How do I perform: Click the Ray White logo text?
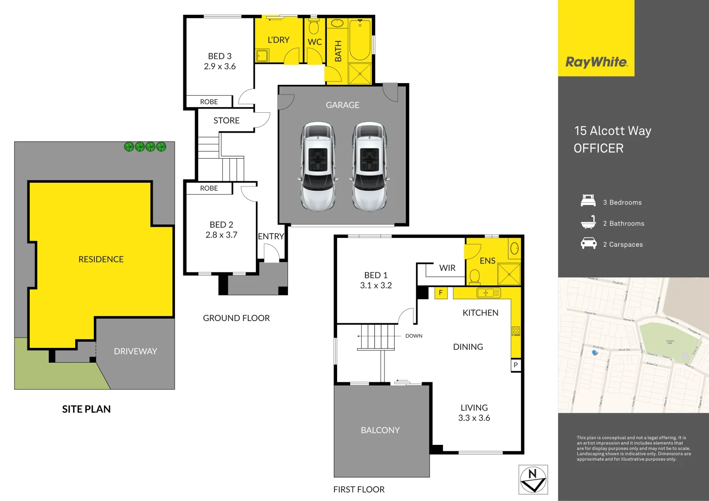point(596,62)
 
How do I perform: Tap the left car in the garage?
point(318,166)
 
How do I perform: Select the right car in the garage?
point(370,166)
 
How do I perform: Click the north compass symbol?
point(533,480)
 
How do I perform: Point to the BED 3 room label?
point(220,56)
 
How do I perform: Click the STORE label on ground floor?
point(226,121)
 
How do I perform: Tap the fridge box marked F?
point(441,293)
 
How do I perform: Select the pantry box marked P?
point(515,365)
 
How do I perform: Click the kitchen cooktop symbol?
point(515,331)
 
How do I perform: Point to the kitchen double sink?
point(488,293)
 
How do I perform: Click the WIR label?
point(447,268)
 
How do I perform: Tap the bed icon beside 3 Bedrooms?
point(588,201)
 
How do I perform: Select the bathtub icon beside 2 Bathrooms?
point(588,223)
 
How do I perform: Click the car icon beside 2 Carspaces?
point(588,244)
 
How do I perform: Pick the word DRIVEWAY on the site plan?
point(135,351)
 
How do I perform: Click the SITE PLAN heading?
point(86,409)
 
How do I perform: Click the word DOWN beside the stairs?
point(414,336)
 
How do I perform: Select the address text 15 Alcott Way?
point(612,131)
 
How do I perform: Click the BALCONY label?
point(380,430)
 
